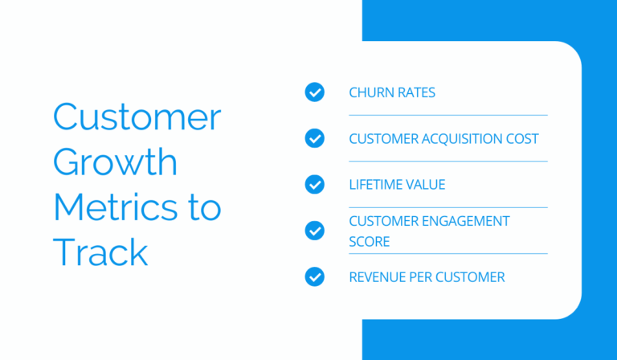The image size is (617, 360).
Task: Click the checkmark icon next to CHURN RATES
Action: coord(315,92)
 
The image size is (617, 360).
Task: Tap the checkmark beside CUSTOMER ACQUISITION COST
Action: coord(315,138)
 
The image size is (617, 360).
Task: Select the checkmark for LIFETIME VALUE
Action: coord(315,184)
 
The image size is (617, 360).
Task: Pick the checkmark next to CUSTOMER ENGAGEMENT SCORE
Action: coord(315,231)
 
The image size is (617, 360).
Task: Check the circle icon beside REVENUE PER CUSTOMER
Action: coord(315,276)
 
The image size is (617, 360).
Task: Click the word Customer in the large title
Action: coord(137,118)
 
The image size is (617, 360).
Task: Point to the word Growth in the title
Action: coord(115,162)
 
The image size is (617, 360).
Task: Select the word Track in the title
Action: coord(100,252)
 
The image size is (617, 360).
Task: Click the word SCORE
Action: coord(369,241)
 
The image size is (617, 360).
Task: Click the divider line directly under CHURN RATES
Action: coord(447,115)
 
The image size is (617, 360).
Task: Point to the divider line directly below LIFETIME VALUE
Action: coord(447,207)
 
